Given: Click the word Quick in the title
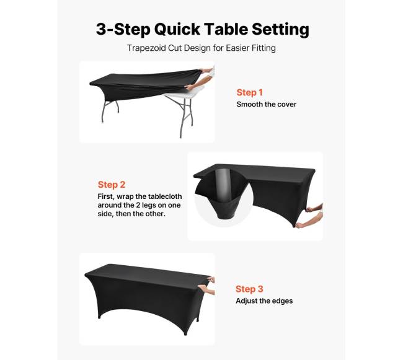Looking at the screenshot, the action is tap(177, 29).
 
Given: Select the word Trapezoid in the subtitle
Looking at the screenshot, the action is tap(146, 48).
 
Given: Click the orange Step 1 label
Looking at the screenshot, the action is tap(250, 92).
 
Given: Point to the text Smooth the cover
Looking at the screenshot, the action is tap(267, 104).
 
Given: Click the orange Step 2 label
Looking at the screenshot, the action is tap(111, 185).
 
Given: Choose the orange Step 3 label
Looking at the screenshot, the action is tap(249, 289).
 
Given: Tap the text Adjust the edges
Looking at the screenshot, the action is tap(264, 301).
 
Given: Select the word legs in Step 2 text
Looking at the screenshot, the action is tap(149, 206).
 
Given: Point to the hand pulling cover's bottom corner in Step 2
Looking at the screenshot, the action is tap(308, 223).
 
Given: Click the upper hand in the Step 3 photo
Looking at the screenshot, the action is tap(211, 279).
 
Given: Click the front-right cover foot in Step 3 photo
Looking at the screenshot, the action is tap(185, 333).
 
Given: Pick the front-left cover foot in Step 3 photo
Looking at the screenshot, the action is tap(99, 317).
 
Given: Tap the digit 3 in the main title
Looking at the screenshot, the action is tap(100, 29).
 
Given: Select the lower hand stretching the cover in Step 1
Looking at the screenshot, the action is tap(196, 83).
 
